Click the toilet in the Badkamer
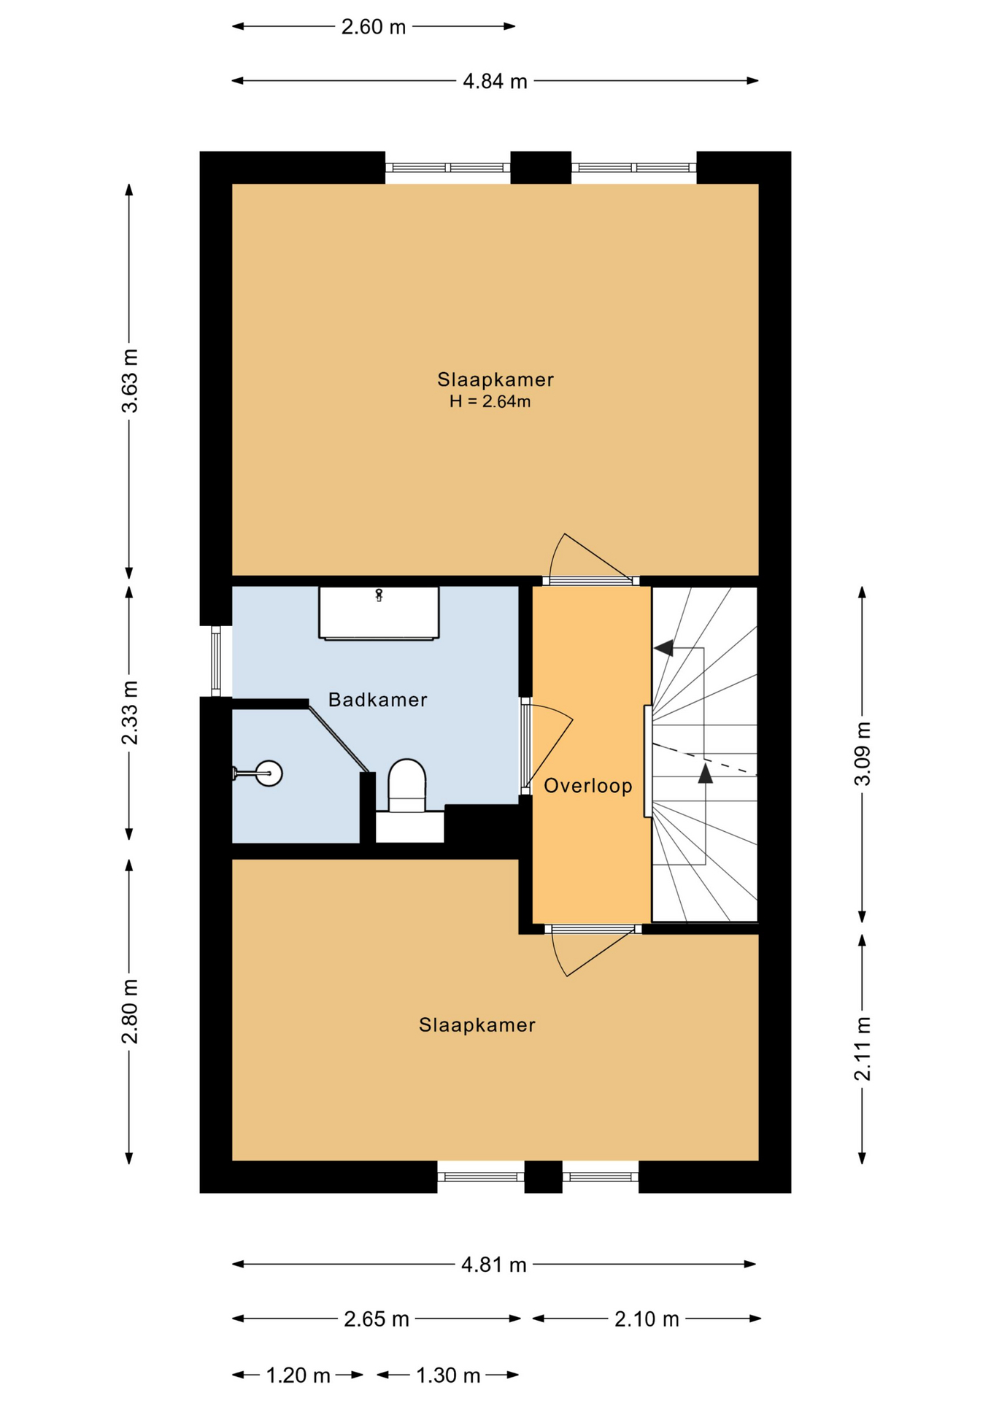tap(406, 787)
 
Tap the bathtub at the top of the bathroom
tap(379, 613)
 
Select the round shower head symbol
tap(269, 773)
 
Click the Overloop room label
tap(587, 786)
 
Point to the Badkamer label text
tap(377, 700)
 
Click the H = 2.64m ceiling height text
tap(490, 401)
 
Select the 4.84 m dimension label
tap(495, 81)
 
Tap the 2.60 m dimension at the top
tap(373, 27)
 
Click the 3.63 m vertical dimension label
tap(129, 381)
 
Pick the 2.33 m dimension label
tap(129, 712)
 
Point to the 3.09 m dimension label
tap(862, 753)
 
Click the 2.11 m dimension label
tap(862, 1048)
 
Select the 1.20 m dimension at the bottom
tap(298, 1375)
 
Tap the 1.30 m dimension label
tap(448, 1375)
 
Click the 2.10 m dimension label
tap(647, 1319)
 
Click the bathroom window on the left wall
tap(216, 661)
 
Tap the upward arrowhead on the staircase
tap(705, 773)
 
